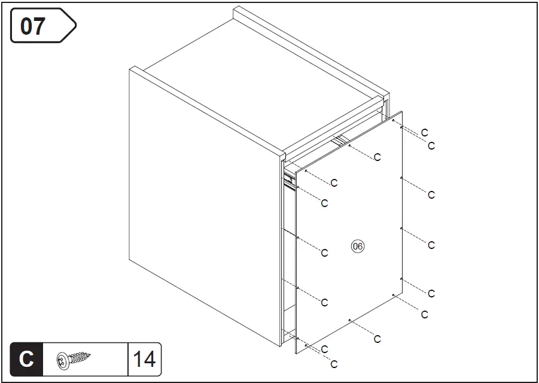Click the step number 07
click(34, 26)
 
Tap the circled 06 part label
click(358, 246)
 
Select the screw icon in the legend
click(75, 359)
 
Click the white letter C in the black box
click(26, 359)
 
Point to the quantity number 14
click(144, 359)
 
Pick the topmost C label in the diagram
click(425, 132)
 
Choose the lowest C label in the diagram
click(334, 364)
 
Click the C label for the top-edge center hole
click(377, 157)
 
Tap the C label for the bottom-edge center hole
click(377, 339)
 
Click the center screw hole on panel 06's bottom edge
click(349, 320)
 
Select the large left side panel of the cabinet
click(203, 203)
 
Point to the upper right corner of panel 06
click(402, 112)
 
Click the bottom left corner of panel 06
click(296, 353)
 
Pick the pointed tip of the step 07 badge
click(75, 26)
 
